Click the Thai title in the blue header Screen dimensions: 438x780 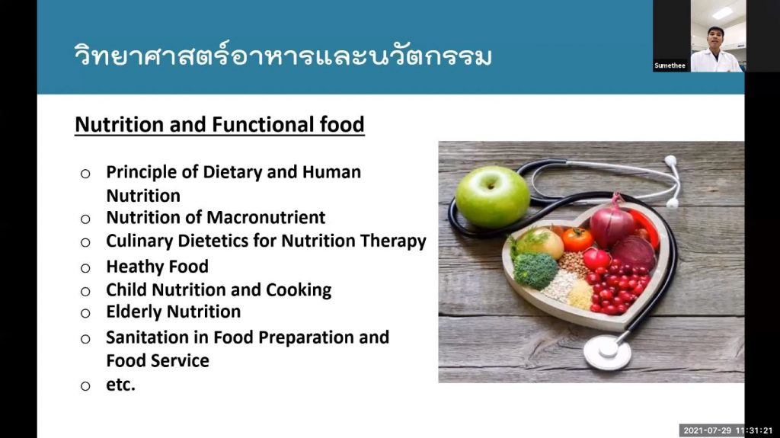click(283, 56)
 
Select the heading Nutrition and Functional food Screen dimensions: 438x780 click(219, 124)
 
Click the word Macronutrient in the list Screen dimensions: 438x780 click(266, 218)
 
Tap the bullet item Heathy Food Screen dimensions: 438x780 click(157, 267)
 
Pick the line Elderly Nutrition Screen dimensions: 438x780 click(173, 312)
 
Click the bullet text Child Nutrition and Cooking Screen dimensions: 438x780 click(219, 289)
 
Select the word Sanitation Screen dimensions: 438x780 click(145, 337)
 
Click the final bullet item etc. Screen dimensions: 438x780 click(120, 385)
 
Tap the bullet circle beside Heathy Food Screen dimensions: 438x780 click(86, 267)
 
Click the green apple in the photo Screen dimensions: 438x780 click(492, 196)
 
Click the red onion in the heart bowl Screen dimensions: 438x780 click(612, 223)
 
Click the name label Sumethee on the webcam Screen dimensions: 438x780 click(670, 66)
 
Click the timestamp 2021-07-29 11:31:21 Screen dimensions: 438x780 click(728, 430)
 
